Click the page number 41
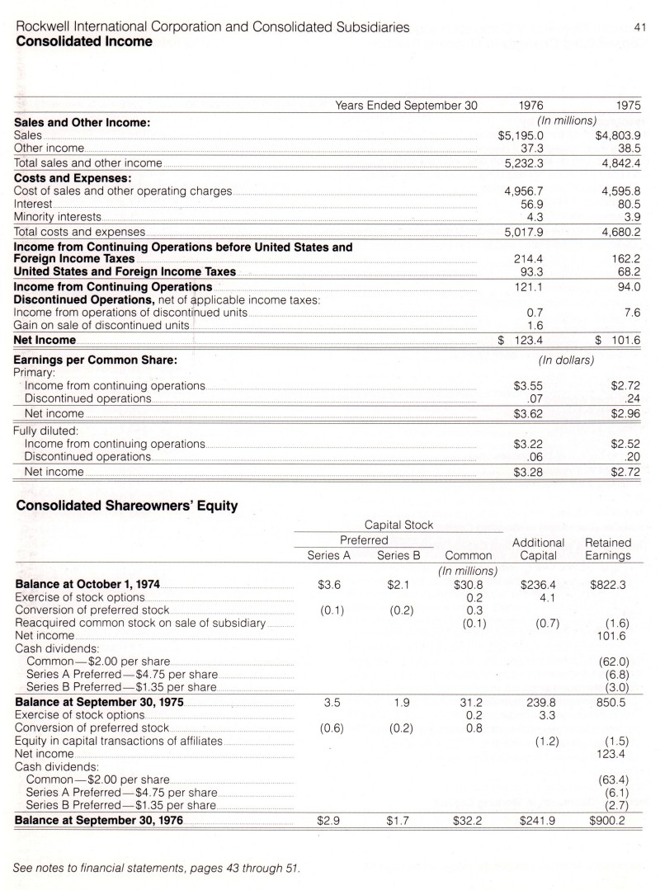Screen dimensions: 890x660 pyautogui.click(x=639, y=28)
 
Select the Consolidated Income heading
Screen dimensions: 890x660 pyautogui.click(x=84, y=41)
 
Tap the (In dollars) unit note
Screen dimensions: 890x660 pyautogui.click(x=566, y=360)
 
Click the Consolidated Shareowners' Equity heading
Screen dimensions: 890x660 pyautogui.click(x=127, y=506)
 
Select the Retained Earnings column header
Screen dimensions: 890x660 pyautogui.click(x=607, y=549)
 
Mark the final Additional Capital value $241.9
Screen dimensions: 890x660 pyautogui.click(x=539, y=822)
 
